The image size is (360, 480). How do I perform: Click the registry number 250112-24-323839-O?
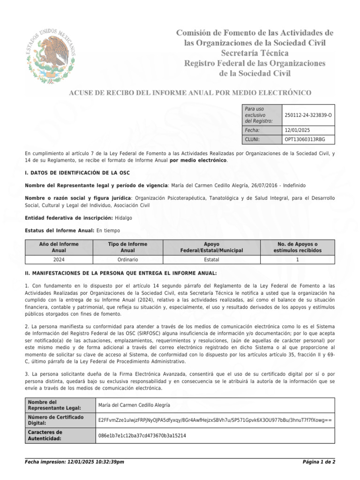(x=308, y=115)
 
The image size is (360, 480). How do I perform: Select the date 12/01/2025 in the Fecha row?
(x=297, y=130)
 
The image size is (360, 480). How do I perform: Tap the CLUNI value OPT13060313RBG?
(x=304, y=140)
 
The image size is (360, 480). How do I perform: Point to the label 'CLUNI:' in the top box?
(x=253, y=140)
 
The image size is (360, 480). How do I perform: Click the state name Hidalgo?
(x=123, y=218)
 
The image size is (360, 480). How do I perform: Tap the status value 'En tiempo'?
(x=108, y=230)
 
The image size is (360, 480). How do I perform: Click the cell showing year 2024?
(x=59, y=259)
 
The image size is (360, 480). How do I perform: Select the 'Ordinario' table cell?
(x=127, y=259)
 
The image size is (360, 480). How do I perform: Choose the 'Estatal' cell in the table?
(x=212, y=259)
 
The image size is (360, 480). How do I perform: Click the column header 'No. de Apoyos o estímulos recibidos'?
(x=297, y=247)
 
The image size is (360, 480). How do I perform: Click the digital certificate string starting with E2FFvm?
(x=214, y=420)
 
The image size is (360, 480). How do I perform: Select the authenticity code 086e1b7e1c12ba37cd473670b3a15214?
(x=142, y=435)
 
